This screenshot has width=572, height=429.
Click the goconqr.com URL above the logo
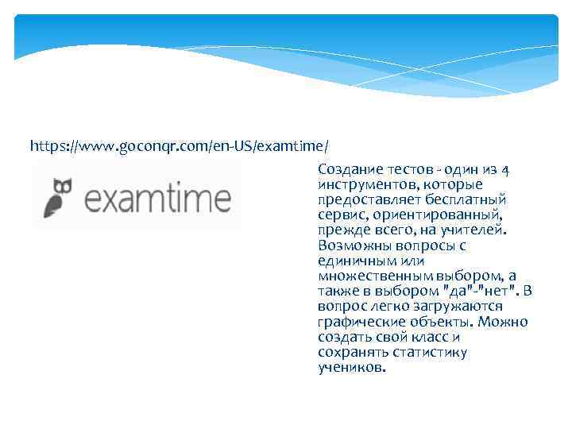pyautogui.click(x=180, y=147)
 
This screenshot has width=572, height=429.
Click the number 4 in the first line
pyautogui.click(x=507, y=169)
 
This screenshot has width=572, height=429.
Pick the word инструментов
pyautogui.click(x=365, y=184)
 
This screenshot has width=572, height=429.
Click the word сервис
pyautogui.click(x=341, y=214)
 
